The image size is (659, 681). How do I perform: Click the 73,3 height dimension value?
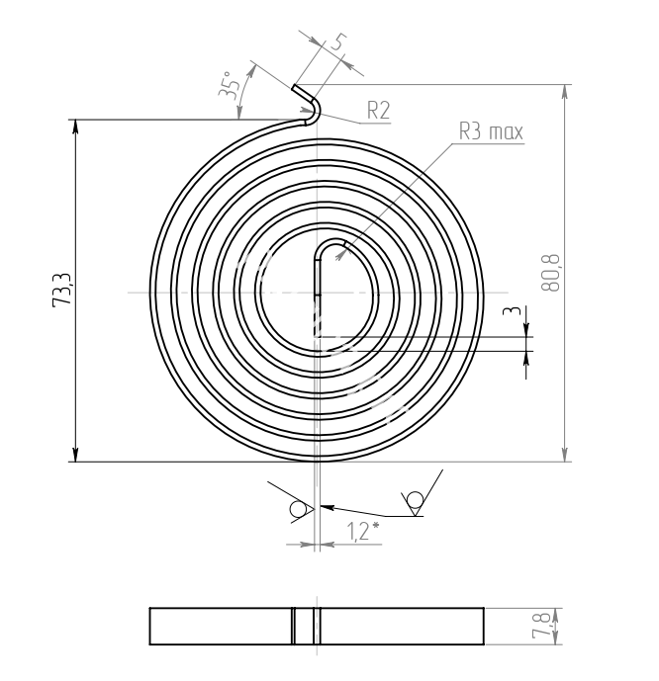[x=61, y=291]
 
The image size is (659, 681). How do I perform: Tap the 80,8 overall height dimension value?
[x=551, y=273]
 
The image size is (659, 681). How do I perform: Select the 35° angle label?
[x=229, y=86]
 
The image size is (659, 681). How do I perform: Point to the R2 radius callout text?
[x=379, y=111]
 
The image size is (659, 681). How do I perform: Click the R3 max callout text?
[x=491, y=131]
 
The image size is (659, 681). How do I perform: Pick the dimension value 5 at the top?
[x=338, y=43]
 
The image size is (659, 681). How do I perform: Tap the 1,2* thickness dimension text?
[x=363, y=531]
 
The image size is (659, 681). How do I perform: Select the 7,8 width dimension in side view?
[x=541, y=626]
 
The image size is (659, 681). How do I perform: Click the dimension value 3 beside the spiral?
[x=512, y=311]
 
